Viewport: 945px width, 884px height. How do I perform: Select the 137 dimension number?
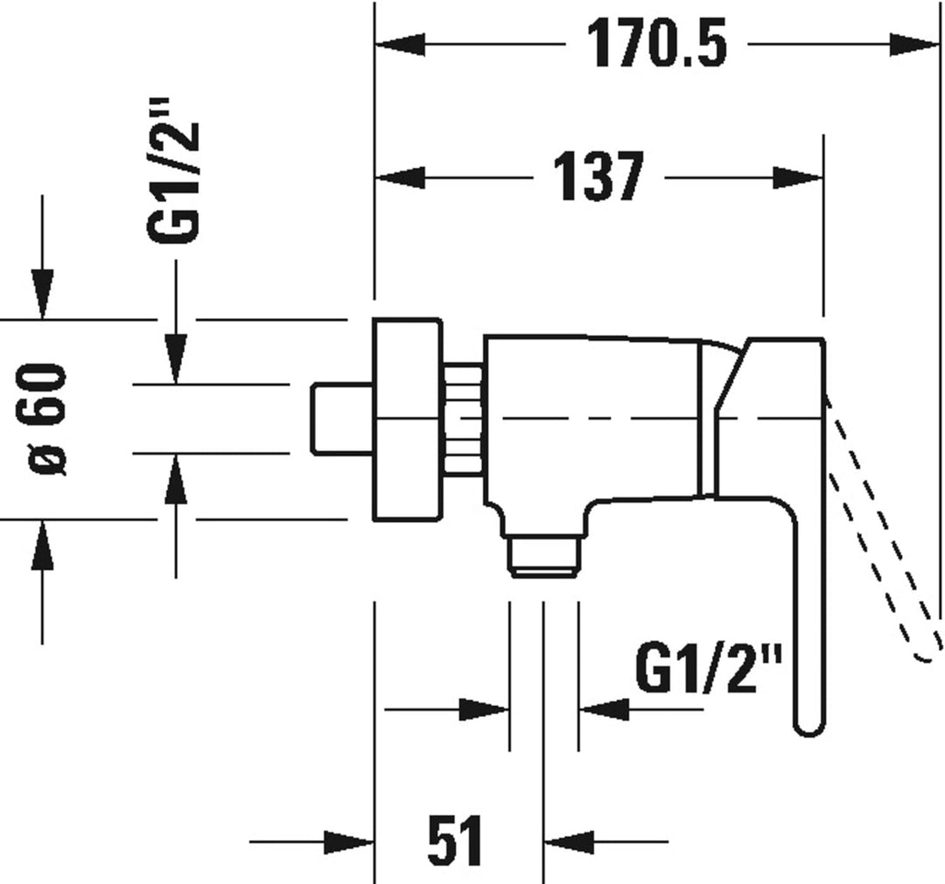pyautogui.click(x=599, y=178)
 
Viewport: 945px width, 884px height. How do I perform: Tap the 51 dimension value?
pyautogui.click(x=455, y=842)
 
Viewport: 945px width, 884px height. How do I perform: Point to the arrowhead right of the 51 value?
pyautogui.click(x=570, y=843)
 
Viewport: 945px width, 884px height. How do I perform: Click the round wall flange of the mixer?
pyautogui.click(x=406, y=420)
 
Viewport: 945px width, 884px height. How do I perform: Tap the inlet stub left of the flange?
pyautogui.click(x=342, y=418)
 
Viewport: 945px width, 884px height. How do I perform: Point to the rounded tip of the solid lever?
pyautogui.click(x=807, y=721)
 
